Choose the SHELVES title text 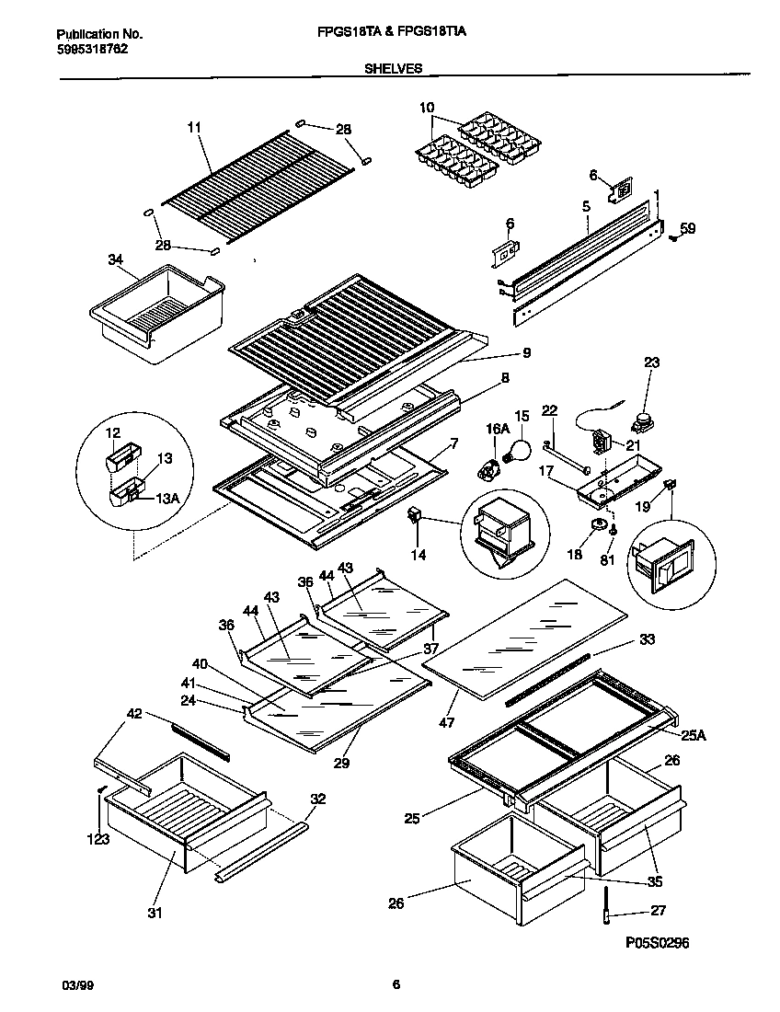click(x=394, y=67)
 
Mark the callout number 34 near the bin click(x=115, y=260)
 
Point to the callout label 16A click(x=498, y=428)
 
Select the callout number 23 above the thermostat click(x=651, y=363)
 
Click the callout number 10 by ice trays click(x=427, y=109)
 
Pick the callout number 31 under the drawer click(x=154, y=913)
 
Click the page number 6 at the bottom click(x=396, y=985)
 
